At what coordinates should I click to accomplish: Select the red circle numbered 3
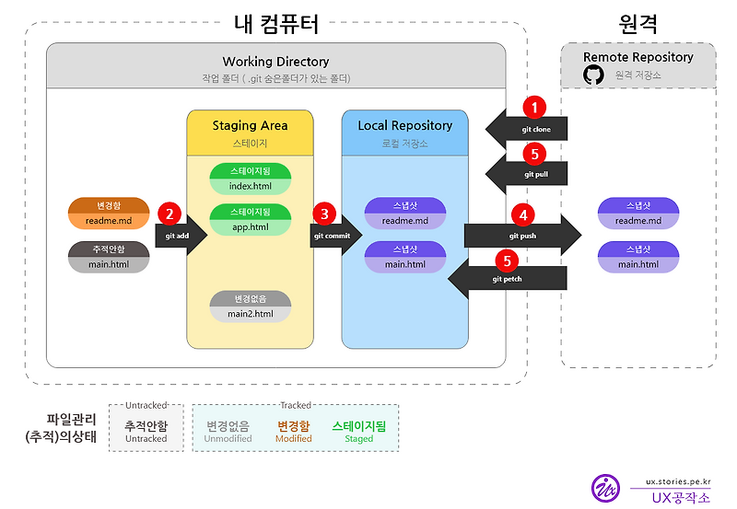322,214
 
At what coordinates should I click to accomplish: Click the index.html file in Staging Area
251,179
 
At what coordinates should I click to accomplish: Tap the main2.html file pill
251,307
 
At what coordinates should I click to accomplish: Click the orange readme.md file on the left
109,213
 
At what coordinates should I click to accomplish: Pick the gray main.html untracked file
109,257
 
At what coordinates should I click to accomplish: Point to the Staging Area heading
250,125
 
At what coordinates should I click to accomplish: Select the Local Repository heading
405,125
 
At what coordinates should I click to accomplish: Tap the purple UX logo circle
606,488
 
